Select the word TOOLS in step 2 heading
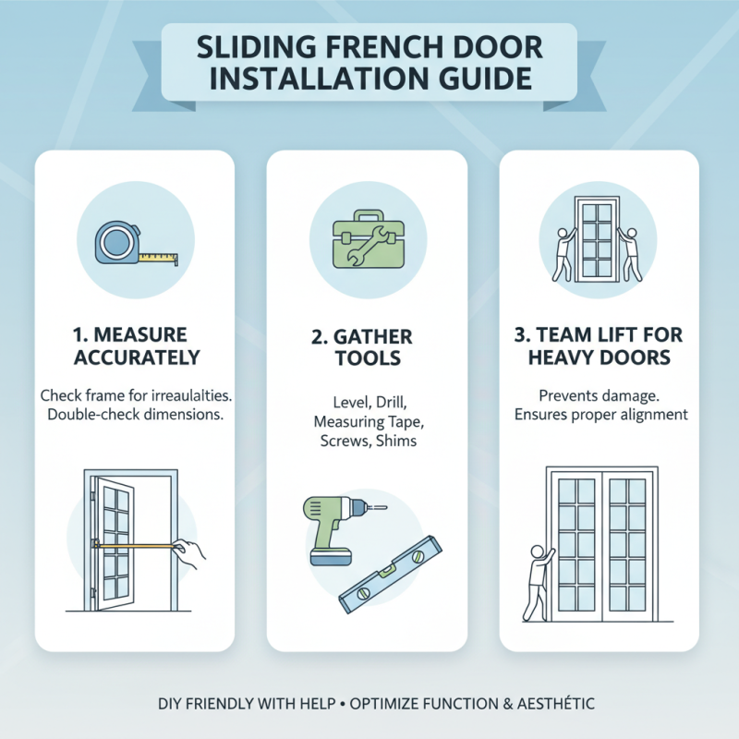click(x=368, y=357)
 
